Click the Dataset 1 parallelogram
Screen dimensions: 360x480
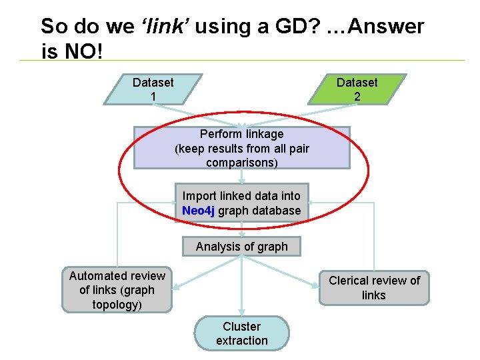click(153, 89)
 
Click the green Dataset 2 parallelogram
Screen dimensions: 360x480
click(357, 89)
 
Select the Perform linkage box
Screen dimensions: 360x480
click(241, 148)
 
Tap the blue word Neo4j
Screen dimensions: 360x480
click(198, 211)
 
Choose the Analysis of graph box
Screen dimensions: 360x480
click(241, 247)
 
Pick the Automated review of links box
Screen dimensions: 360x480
click(117, 290)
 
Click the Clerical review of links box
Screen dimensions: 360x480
click(374, 288)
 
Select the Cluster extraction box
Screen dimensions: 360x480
click(241, 333)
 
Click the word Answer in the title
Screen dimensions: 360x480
click(386, 27)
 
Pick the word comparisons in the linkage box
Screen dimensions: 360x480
click(241, 163)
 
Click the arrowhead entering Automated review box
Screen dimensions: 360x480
click(175, 288)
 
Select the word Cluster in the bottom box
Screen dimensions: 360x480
click(241, 326)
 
